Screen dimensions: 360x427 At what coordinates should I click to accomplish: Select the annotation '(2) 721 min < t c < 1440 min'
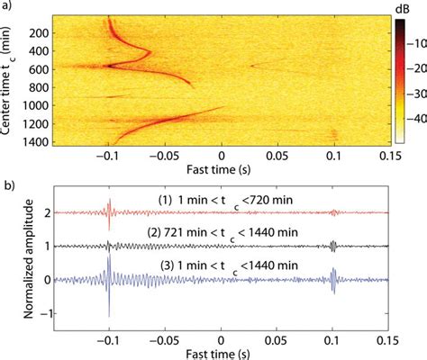click(213, 231)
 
